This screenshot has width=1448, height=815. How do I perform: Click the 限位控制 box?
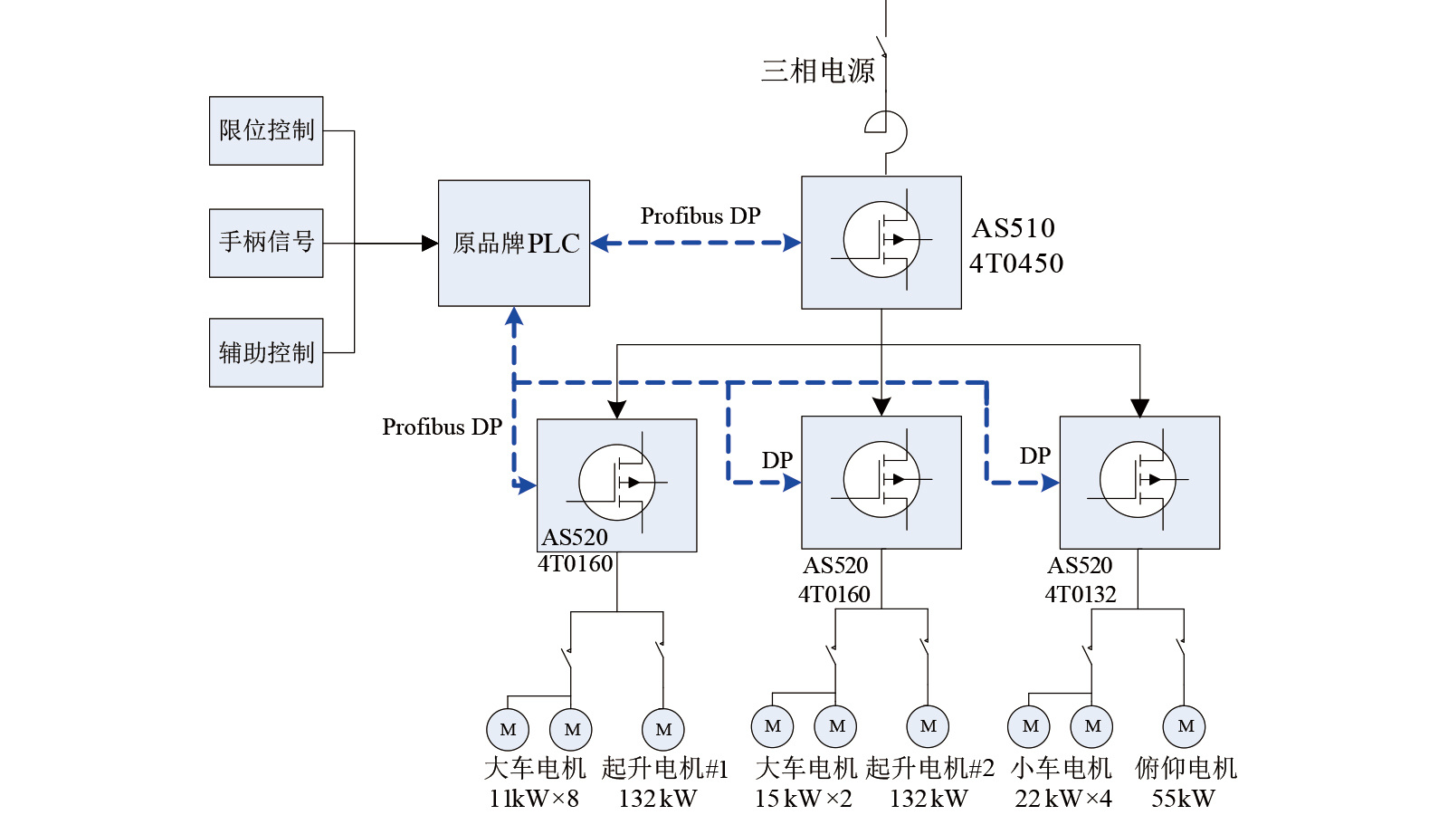pos(266,130)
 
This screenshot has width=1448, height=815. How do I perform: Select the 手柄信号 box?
pos(266,243)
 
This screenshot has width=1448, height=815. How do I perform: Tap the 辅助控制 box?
pos(266,352)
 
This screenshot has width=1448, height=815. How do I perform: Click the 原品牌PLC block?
pos(514,243)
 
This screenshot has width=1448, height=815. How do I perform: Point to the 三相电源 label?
pos(818,71)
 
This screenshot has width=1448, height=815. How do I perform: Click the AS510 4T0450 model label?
pos(1015,245)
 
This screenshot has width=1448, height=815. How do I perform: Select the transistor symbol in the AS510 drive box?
pos(881,240)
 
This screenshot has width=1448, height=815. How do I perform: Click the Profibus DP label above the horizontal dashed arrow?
pos(700,216)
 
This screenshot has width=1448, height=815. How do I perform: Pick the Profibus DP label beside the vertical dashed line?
pos(442,427)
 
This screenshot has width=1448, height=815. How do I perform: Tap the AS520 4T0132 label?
pos(1081,580)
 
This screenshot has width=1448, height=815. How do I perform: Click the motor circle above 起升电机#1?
pos(663,729)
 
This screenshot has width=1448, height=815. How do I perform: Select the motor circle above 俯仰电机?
pos(1185,726)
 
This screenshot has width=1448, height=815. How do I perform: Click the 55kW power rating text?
pos(1183,799)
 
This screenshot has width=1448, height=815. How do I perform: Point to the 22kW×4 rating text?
pos(1062,799)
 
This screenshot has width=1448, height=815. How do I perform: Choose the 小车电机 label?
pos(1061,768)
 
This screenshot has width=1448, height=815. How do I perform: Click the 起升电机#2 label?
pos(929,768)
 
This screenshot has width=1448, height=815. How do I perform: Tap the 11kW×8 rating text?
pos(534,799)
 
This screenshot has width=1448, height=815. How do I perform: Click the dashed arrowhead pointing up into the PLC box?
pos(514,316)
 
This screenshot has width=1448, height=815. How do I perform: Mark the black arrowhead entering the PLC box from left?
pos(430,243)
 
